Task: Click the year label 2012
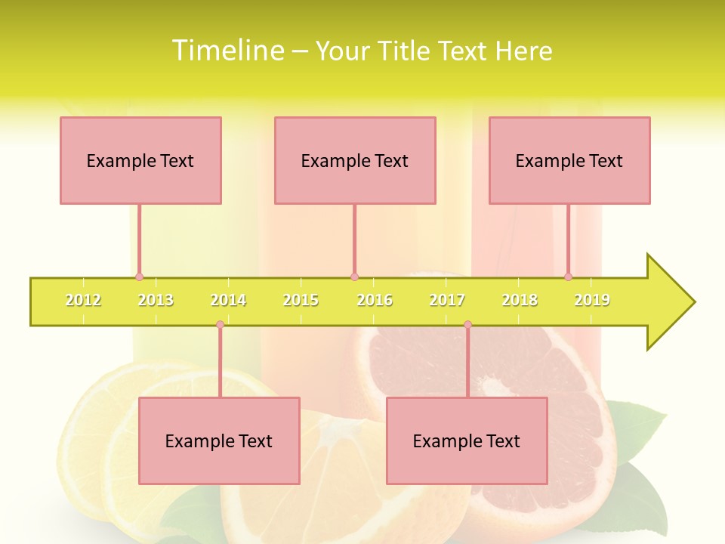[83, 300]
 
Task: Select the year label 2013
[156, 300]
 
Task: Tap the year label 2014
[228, 300]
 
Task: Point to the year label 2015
[301, 300]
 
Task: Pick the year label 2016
[375, 300]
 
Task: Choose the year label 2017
[447, 300]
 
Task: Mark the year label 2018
[520, 300]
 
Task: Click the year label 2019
[592, 300]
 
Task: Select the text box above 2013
[140, 160]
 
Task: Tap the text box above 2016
[355, 160]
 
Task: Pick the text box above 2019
[569, 160]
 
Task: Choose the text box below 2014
[219, 440]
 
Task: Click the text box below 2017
[467, 440]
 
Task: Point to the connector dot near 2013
[139, 277]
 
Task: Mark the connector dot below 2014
[220, 325]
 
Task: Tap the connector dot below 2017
[467, 325]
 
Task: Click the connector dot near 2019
[568, 277]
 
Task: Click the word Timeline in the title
[227, 50]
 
